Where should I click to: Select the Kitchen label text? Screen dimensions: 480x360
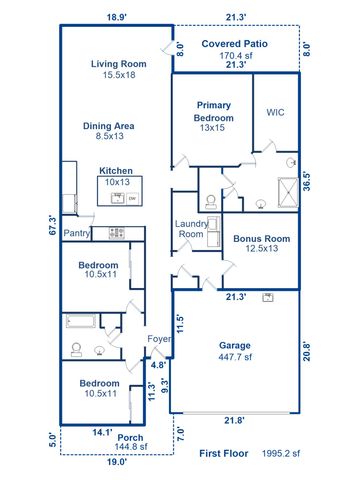coord(116,171)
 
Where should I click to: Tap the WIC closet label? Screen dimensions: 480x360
coord(276,113)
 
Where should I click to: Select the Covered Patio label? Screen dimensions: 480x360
coord(235,44)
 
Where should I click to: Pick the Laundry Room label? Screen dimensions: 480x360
coord(191,229)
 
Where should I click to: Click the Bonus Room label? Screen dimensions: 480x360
coord(261,239)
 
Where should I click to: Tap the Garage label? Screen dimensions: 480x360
coord(234,345)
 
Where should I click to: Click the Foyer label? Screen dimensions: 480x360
coord(160,338)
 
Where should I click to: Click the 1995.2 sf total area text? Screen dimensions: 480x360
coord(283,453)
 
